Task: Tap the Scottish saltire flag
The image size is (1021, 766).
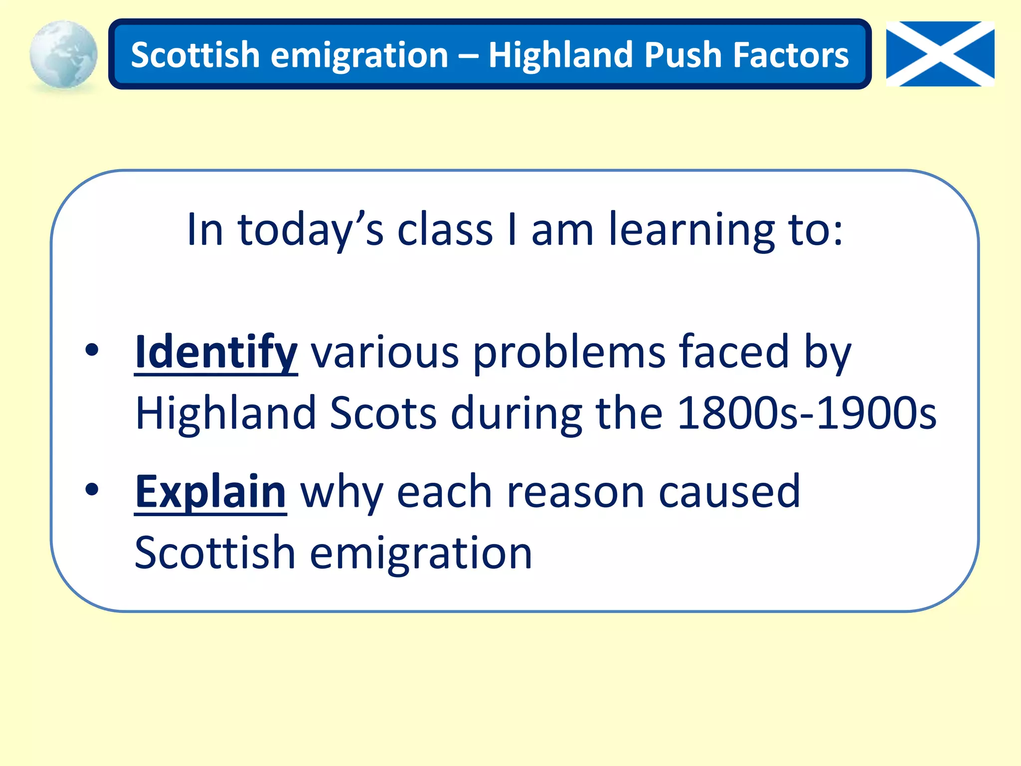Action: tap(940, 54)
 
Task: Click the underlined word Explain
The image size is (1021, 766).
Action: tap(210, 492)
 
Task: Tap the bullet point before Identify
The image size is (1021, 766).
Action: tap(92, 350)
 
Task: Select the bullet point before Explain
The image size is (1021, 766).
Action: tap(92, 489)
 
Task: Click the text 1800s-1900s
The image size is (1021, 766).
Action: tap(807, 413)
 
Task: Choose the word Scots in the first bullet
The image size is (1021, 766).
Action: tap(383, 413)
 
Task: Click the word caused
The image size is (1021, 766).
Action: tap(729, 492)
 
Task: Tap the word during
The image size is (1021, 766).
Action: tap(516, 413)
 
